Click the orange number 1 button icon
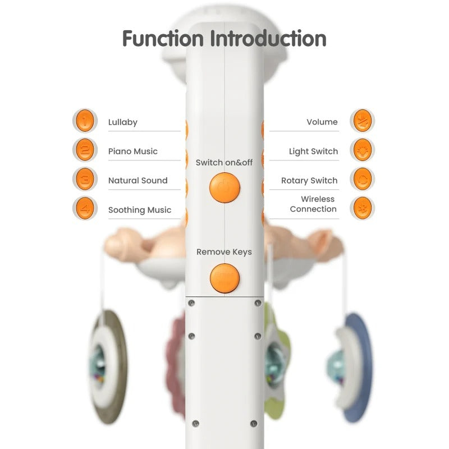pos(84,120)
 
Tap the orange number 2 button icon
pos(84,150)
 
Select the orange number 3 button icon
pos(84,179)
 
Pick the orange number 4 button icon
pos(84,208)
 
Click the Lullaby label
pos(123,122)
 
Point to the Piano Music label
pos(132,152)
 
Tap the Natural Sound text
pos(138,181)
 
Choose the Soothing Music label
pos(140,210)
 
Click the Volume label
pos(322,122)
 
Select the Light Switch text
pos(313,152)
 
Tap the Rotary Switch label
pos(309,181)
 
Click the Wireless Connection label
pos(313,204)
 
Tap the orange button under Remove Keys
pos(224,278)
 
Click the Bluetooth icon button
pos(362,208)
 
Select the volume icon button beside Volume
pos(362,120)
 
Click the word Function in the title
pos(163,39)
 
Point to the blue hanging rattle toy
pos(354,368)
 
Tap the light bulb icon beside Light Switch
pos(362,150)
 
